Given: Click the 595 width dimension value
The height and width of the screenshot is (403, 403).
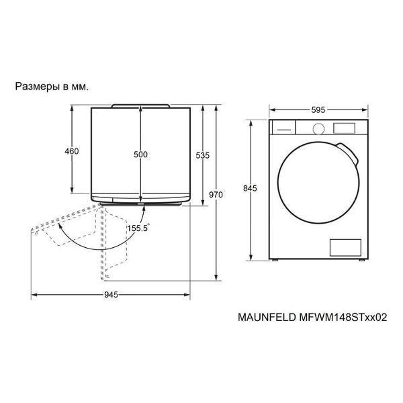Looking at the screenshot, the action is [318, 110].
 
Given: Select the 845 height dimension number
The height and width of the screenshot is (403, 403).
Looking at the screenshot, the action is [250, 189].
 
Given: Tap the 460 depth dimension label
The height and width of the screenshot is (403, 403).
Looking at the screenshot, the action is [72, 151].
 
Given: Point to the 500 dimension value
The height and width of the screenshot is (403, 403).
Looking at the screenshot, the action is [140, 154].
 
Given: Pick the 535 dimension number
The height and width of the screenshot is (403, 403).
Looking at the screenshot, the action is [203, 156].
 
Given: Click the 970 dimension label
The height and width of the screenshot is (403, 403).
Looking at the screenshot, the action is [216, 195].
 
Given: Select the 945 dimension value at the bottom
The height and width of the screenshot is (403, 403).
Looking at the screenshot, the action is [111, 295].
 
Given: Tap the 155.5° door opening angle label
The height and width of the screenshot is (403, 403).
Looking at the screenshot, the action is [139, 228].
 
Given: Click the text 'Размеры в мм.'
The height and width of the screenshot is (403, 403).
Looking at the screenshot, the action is [52, 87].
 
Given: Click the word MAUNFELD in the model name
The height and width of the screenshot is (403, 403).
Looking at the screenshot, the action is [267, 318].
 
